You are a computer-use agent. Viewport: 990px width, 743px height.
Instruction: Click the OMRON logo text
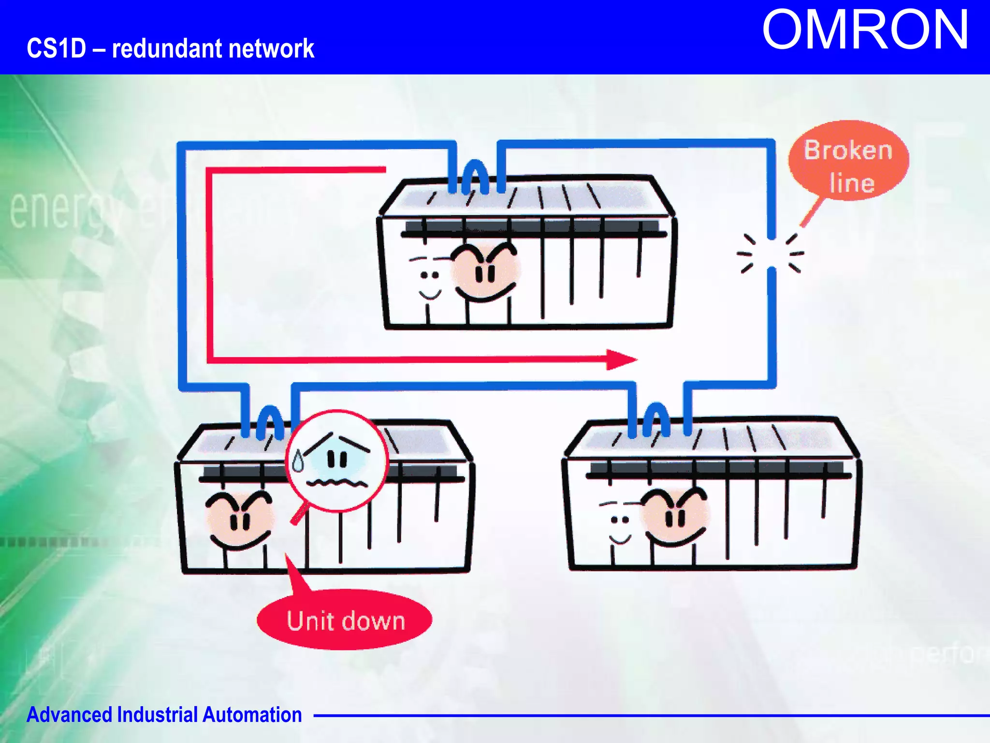pos(865,30)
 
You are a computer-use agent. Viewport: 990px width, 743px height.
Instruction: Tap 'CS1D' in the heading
pos(56,48)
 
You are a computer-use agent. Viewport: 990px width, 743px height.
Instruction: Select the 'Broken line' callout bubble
pos(848,161)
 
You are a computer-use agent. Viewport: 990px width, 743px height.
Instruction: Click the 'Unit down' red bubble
pos(345,620)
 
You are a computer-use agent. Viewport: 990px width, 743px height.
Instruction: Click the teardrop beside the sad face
pos(298,461)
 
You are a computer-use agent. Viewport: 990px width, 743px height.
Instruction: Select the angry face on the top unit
pos(485,272)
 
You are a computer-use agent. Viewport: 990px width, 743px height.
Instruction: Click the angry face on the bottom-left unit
pos(239,520)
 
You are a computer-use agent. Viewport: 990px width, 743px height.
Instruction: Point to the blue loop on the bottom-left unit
pos(270,421)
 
